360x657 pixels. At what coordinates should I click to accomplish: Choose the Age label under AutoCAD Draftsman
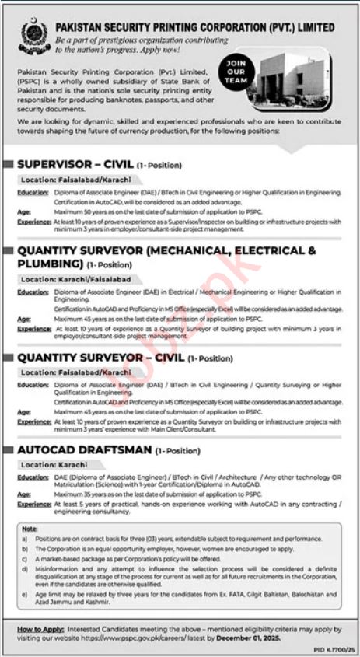click(x=24, y=494)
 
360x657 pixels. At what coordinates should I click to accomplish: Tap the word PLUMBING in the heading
click(x=49, y=264)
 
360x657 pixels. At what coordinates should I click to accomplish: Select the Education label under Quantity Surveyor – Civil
click(x=33, y=385)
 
